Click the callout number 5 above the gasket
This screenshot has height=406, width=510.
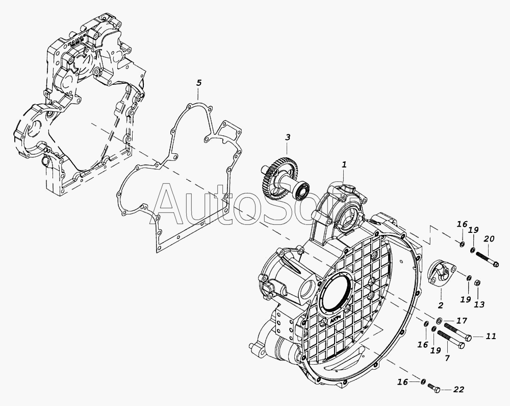(199, 83)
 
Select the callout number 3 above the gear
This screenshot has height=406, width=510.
(288, 137)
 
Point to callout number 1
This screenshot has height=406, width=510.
(344, 165)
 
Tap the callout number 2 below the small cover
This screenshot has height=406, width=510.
(441, 305)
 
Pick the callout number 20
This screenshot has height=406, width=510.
(489, 238)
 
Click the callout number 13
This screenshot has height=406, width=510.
(479, 304)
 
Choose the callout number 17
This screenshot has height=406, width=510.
(462, 321)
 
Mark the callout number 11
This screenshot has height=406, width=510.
(491, 336)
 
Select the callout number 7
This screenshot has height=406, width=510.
(447, 358)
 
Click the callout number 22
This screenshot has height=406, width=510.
(458, 389)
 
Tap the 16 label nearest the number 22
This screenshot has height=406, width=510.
(403, 382)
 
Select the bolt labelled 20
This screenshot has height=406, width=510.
(488, 259)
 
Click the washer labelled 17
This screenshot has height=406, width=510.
(439, 320)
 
